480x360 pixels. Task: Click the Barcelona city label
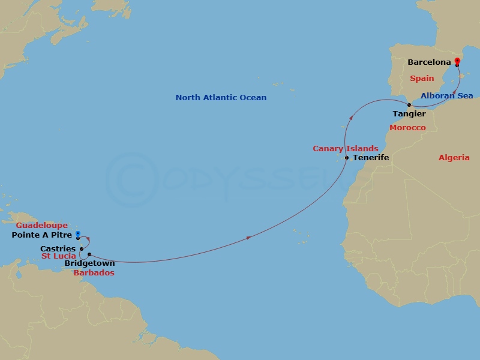(428, 62)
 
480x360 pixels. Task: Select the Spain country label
(422, 79)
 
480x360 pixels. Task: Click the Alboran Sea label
(446, 96)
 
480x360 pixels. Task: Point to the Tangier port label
(409, 113)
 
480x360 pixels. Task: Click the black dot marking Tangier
(409, 105)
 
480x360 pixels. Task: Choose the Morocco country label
(407, 128)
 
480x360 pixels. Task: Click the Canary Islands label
(345, 149)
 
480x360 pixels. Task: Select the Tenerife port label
(371, 158)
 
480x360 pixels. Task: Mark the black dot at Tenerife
(347, 158)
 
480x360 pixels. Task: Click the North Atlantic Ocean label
(221, 97)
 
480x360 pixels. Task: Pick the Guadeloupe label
(42, 226)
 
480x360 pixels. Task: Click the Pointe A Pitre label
(42, 235)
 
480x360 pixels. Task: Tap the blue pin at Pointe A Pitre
(78, 234)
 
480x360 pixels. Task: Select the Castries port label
(58, 248)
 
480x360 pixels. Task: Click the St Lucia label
(58, 256)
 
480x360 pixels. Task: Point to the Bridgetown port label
(89, 263)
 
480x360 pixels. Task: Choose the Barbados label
(94, 272)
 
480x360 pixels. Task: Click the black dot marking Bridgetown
(89, 254)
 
